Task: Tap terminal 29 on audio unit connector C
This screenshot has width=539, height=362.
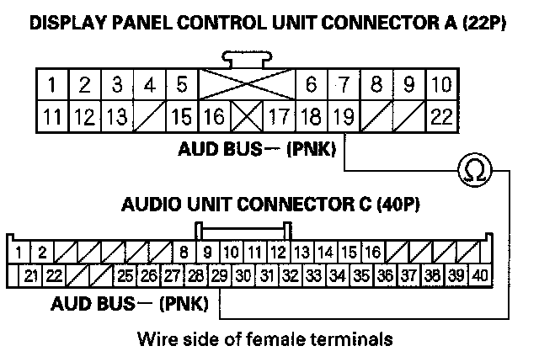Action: click(x=220, y=274)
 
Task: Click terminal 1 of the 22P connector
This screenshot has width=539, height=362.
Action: click(x=53, y=85)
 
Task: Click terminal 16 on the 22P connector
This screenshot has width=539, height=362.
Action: click(x=214, y=117)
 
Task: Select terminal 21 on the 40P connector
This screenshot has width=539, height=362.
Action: click(x=32, y=274)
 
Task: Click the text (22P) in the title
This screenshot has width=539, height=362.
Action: click(x=481, y=23)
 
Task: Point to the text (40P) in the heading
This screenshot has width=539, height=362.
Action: click(x=396, y=205)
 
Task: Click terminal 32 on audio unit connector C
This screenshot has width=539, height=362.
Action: click(x=290, y=274)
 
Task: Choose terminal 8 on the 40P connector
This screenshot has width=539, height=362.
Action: click(x=184, y=251)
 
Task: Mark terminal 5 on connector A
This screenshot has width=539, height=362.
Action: click(x=182, y=85)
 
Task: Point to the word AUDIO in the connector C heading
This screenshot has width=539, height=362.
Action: click(x=148, y=205)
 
